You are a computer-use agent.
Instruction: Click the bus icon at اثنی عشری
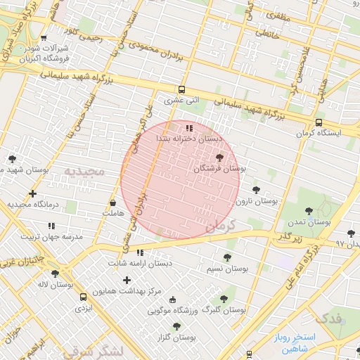click(x=182, y=89)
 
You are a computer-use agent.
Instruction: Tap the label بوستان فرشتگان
click(x=219, y=169)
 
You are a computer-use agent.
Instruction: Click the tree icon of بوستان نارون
click(x=255, y=189)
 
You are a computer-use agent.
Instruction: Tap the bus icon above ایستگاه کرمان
click(x=319, y=122)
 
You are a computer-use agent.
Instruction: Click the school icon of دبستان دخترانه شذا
click(x=189, y=128)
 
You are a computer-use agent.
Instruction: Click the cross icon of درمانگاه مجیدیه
click(x=32, y=193)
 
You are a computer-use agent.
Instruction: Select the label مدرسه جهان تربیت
click(x=51, y=237)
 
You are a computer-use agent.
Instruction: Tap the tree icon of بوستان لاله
click(x=55, y=274)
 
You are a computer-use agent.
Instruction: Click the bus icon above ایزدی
click(x=84, y=297)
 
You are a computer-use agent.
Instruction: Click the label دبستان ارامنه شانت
click(x=140, y=263)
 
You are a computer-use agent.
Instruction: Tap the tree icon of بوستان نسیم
click(x=226, y=258)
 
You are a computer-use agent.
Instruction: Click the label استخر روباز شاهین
click(x=296, y=342)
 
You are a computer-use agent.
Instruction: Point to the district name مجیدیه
click(x=84, y=171)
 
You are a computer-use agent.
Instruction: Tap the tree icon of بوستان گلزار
click(x=176, y=326)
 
